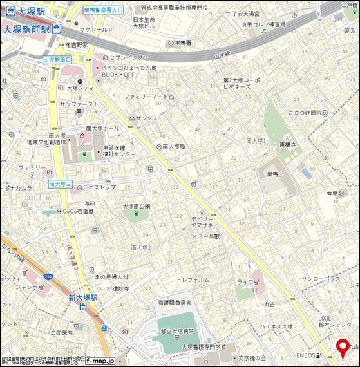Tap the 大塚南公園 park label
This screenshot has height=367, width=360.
[137, 206]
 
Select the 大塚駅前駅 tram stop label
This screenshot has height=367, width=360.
[27, 29]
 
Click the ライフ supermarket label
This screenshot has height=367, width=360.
[245, 282]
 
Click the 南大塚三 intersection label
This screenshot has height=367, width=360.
[60, 183]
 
